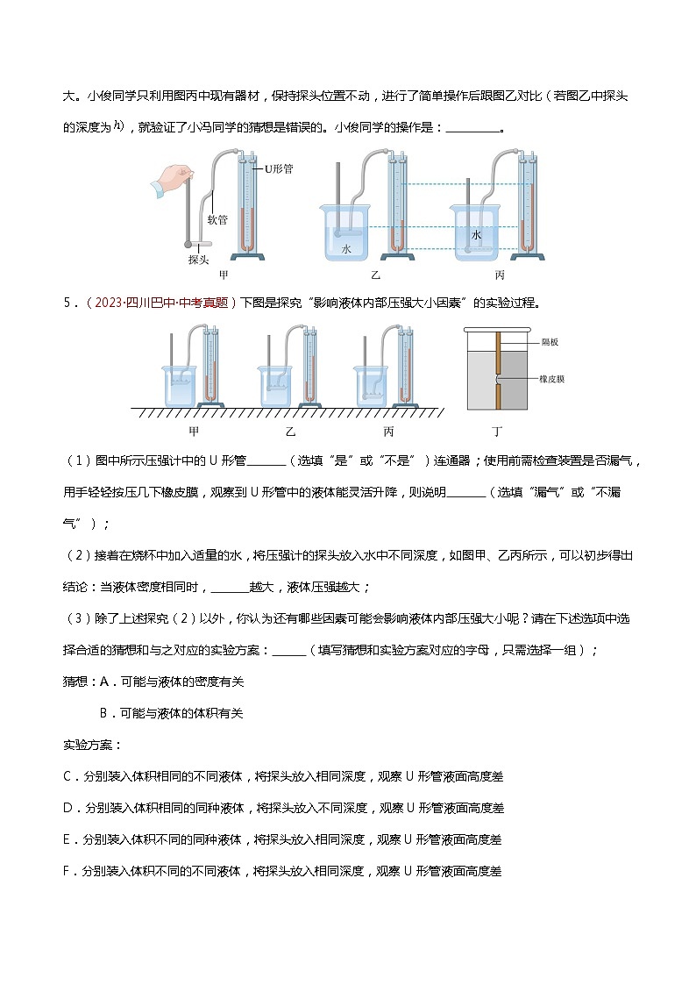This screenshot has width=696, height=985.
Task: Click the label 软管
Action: click(x=217, y=220)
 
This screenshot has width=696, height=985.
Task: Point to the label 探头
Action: click(x=198, y=260)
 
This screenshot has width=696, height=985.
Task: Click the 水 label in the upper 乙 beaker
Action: click(x=346, y=249)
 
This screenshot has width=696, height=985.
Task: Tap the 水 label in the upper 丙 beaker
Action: click(x=477, y=236)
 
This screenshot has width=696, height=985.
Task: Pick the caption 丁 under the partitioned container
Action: click(x=498, y=431)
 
